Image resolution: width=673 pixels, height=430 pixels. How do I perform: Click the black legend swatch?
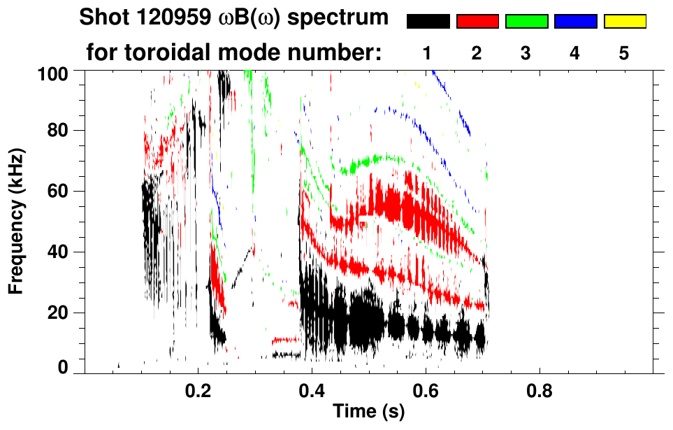coord(428,22)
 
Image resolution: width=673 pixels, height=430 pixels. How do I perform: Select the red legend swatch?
coord(477,22)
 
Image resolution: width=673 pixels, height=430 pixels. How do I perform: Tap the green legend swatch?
coord(526,22)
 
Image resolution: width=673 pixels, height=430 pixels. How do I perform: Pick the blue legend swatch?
coord(575,22)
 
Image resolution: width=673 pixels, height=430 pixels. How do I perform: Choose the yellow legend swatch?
coord(624,22)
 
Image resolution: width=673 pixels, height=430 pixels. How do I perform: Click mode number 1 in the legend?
coord(428,53)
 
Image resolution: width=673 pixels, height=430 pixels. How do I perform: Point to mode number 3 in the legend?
coord(526,53)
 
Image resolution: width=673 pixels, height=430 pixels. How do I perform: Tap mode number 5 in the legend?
coord(624,53)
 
